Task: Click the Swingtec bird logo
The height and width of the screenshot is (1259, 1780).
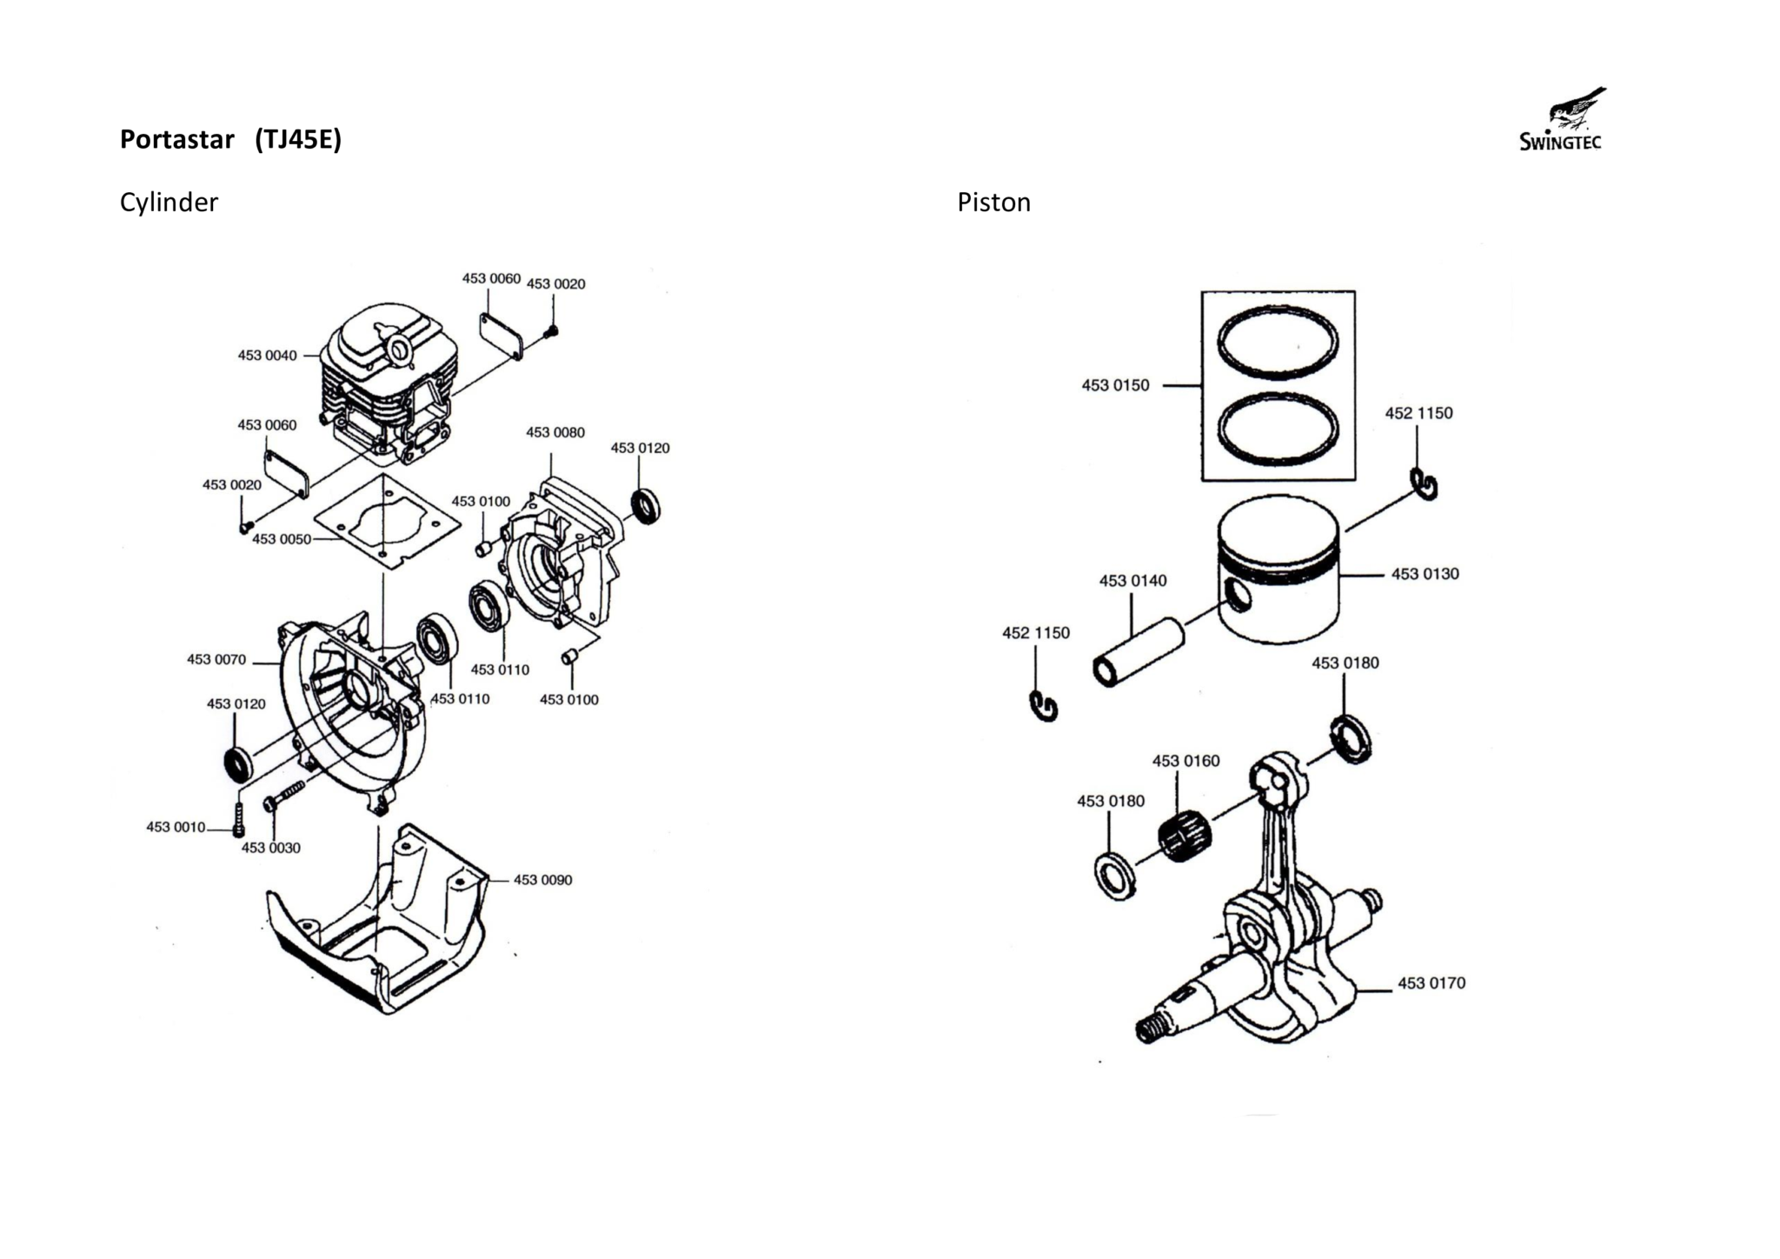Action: (x=1562, y=120)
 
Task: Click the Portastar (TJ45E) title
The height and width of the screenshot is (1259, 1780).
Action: (x=230, y=139)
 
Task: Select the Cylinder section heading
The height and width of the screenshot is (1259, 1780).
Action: (x=169, y=202)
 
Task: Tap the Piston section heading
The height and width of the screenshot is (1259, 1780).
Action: (x=993, y=202)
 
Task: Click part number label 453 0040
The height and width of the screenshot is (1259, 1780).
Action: (x=267, y=355)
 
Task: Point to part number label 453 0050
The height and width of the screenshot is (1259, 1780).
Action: (x=282, y=539)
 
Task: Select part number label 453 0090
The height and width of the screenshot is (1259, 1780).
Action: (x=542, y=880)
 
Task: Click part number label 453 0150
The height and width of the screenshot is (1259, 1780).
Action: (x=1115, y=385)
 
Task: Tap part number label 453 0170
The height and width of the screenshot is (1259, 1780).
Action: (x=1431, y=983)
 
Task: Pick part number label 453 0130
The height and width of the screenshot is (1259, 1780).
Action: (x=1425, y=574)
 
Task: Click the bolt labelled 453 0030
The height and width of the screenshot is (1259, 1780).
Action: (x=284, y=795)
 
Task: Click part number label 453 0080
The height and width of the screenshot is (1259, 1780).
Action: (x=555, y=432)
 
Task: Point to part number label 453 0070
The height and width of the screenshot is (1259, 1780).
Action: (x=216, y=659)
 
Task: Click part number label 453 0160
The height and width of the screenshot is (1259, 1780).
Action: (x=1186, y=761)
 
